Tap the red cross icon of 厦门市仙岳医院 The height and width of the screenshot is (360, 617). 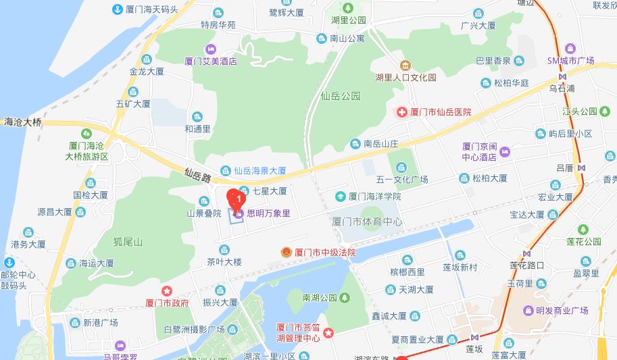click(x=401, y=111)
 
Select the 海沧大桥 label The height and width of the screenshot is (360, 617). click(x=22, y=122)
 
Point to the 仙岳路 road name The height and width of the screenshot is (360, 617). click(x=197, y=177)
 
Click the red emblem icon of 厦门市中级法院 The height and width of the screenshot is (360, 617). click(x=287, y=253)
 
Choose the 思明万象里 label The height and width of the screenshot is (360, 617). click(x=268, y=213)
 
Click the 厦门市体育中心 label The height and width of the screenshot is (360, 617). click(x=367, y=221)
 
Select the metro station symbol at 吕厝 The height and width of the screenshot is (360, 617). click(x=581, y=168)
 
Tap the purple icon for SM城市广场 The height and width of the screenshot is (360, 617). click(x=570, y=48)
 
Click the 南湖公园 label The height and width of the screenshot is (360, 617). click(x=319, y=297)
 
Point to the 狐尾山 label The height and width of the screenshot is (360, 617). click(x=128, y=242)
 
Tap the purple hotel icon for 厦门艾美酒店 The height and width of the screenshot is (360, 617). click(x=211, y=49)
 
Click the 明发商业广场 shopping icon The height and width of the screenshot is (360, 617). click(x=528, y=311)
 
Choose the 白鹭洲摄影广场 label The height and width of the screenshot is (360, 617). click(x=194, y=330)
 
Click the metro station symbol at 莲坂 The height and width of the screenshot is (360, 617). click(x=475, y=336)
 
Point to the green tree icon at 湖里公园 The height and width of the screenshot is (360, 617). click(x=348, y=7)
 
